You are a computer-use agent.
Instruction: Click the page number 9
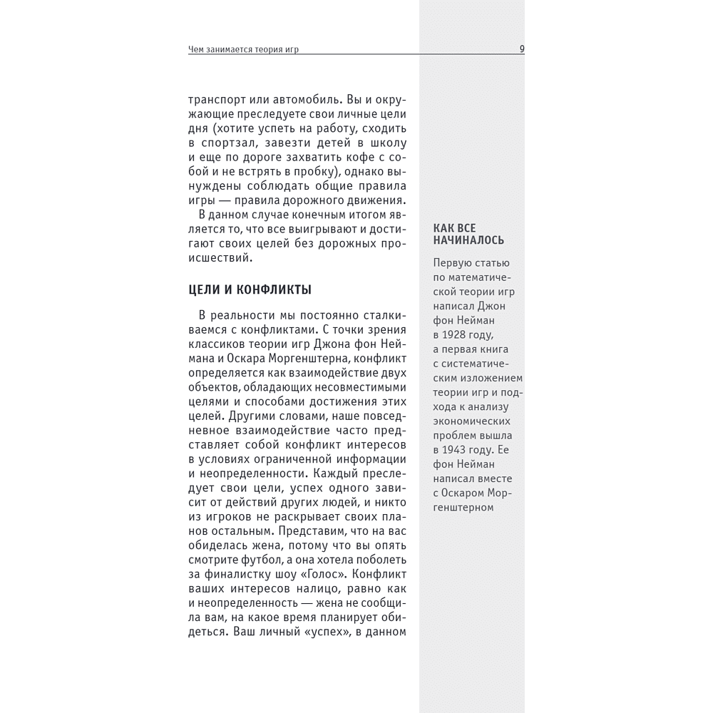[523, 49]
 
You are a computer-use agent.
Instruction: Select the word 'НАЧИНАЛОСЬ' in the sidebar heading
[468, 240]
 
